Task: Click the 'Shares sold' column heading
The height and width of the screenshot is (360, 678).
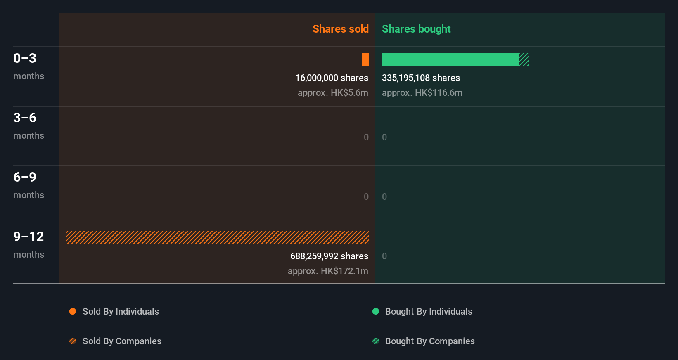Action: coord(340,29)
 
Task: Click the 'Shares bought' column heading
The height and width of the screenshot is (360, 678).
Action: coord(416,29)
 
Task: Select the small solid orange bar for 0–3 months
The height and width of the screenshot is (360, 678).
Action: coord(365,59)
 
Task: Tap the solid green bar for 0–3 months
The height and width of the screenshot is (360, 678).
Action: coord(450,59)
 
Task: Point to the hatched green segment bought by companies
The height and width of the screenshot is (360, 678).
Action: coord(524,59)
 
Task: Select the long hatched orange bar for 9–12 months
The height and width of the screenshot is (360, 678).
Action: coord(217,238)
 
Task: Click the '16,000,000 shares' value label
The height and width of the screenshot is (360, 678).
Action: coord(332,78)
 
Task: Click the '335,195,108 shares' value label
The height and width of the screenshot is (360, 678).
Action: coord(421,78)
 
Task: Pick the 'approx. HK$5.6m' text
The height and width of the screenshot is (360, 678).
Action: coord(333,92)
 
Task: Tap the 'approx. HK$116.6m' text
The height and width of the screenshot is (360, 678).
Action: coord(422,92)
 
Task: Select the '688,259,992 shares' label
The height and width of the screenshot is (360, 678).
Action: coord(329,256)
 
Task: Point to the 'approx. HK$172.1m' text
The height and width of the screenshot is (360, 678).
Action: coord(328,271)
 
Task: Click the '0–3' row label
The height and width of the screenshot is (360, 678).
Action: coord(25,58)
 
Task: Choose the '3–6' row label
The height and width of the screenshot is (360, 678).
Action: coord(25,118)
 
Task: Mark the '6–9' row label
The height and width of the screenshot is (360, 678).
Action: coord(25,177)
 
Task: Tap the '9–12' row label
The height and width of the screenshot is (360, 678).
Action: coord(28,237)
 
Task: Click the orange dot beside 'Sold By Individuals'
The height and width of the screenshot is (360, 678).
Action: coord(73,311)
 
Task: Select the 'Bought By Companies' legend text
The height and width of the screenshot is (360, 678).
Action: coord(430,341)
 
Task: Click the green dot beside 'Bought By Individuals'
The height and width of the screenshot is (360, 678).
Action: coord(376,311)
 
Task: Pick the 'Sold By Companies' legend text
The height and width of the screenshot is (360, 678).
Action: coord(122,341)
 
